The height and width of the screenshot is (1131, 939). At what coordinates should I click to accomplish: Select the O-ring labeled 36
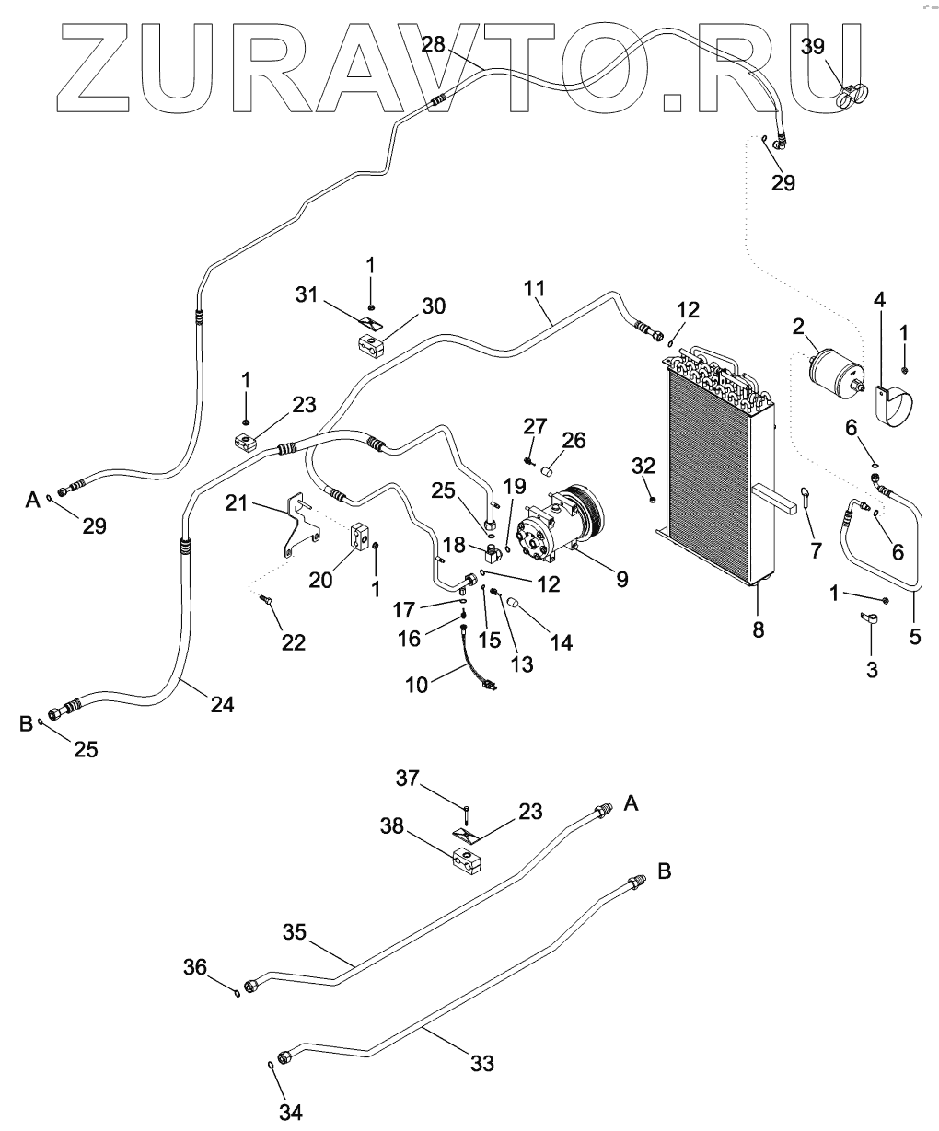[238, 992]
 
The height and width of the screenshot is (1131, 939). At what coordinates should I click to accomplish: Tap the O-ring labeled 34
[270, 1065]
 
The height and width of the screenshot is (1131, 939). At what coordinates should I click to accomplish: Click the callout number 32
[643, 466]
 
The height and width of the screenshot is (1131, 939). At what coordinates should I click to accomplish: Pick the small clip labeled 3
[866, 621]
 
